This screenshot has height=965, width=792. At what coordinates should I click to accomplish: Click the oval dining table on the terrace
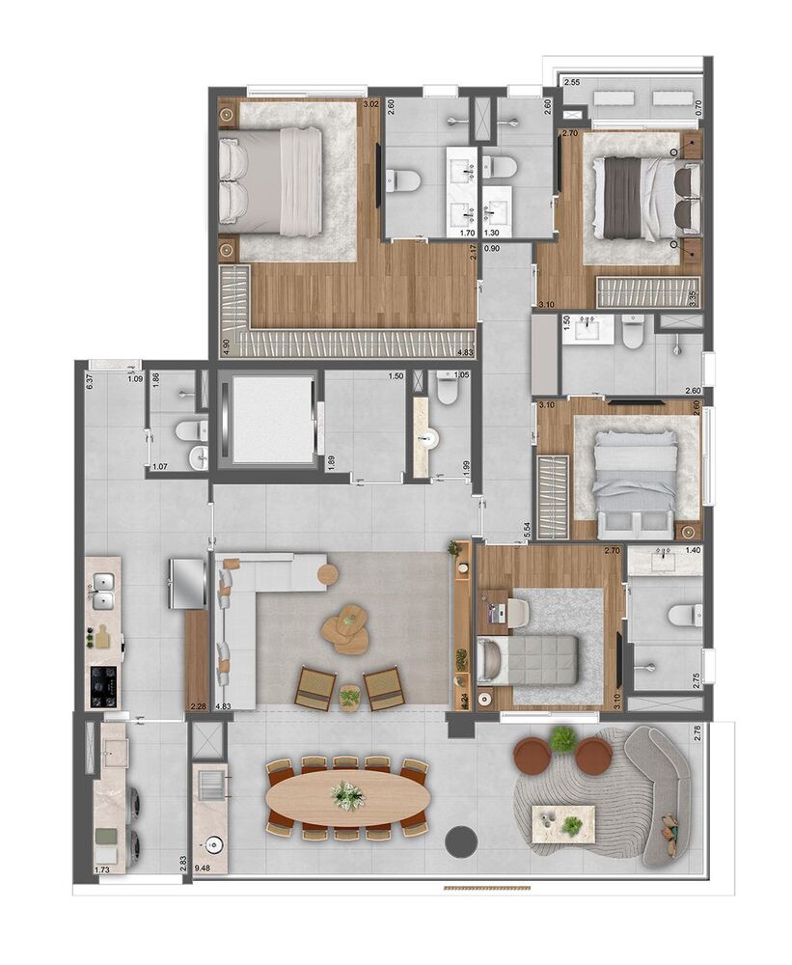coord(345,797)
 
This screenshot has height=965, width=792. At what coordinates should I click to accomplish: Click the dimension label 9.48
coord(203,868)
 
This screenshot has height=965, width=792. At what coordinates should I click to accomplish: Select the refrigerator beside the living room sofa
coord(188,583)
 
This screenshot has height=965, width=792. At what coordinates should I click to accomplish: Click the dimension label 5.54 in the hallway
coord(527,529)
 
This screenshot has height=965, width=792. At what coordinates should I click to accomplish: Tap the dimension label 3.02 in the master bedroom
coord(369,103)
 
